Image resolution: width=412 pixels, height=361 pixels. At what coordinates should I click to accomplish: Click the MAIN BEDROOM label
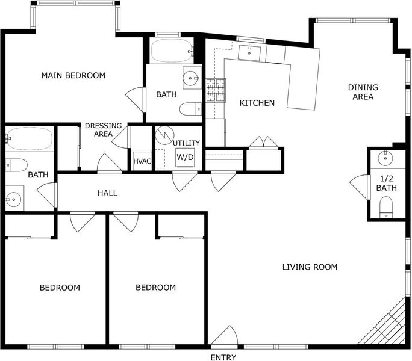73,76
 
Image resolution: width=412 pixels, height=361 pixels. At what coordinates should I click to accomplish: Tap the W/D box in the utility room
185,157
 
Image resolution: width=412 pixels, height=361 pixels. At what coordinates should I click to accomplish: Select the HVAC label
142,161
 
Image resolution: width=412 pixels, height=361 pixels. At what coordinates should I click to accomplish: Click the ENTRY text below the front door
223,357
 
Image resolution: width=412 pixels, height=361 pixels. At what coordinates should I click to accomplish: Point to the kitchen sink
249,52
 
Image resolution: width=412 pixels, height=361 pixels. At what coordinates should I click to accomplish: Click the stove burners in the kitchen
216,90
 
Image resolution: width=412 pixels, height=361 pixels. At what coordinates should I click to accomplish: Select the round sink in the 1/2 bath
385,158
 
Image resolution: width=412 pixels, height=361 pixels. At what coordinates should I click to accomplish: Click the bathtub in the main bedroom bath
172,51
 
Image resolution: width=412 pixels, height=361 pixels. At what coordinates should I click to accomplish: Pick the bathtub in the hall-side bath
29,138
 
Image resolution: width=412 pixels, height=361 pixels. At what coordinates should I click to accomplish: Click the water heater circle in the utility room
165,135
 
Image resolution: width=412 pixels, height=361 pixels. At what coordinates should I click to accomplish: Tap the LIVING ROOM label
310,267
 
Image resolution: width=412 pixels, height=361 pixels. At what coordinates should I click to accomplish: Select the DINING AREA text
363,92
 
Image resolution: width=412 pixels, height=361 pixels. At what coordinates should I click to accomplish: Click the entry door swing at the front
225,335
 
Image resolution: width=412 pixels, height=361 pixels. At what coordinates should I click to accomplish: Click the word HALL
107,194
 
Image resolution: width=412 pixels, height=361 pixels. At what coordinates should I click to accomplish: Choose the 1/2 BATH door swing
359,187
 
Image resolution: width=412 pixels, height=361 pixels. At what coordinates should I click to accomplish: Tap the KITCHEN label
257,103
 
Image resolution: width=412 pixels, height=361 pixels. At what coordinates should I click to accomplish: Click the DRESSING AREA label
103,130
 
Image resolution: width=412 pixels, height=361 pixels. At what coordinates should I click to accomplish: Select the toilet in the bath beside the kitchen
191,109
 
